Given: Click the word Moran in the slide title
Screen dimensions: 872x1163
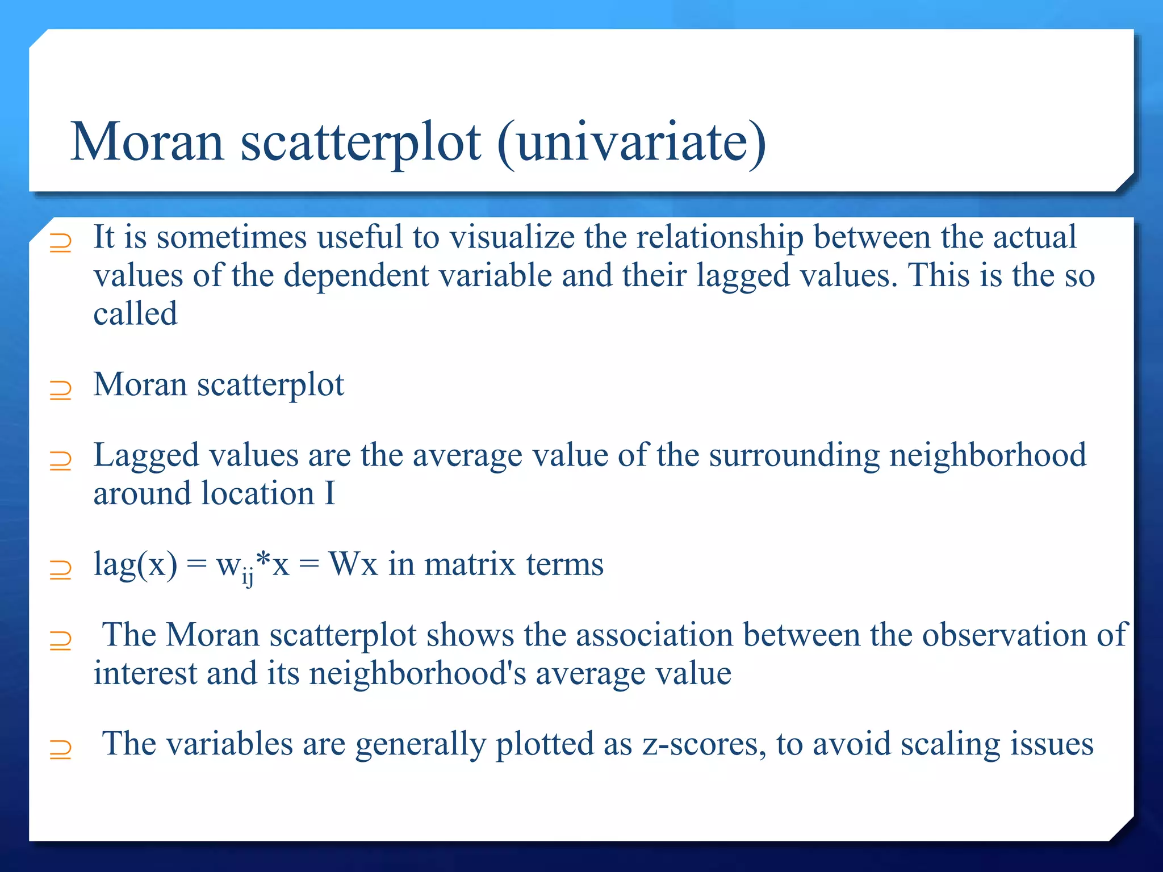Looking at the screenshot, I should point(147,142).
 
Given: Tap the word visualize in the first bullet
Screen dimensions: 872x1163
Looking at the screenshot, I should point(512,237).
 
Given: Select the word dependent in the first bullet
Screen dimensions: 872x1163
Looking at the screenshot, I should point(356,276).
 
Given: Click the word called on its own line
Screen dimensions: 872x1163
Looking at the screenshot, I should point(135,313).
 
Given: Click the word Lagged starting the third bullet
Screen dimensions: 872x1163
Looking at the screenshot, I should point(147,456).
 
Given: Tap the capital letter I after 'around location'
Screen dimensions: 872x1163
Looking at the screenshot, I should point(329,493).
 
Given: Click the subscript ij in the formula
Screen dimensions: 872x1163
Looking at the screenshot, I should point(248,577).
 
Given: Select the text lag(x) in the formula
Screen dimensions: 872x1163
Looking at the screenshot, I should point(135,565).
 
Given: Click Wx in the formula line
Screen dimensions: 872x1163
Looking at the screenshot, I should point(353,565).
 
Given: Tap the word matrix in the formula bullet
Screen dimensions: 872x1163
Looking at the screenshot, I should point(470,565).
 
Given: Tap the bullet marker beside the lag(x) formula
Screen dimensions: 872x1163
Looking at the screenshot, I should point(60,570).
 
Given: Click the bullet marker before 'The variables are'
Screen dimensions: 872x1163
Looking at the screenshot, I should point(60,750).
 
